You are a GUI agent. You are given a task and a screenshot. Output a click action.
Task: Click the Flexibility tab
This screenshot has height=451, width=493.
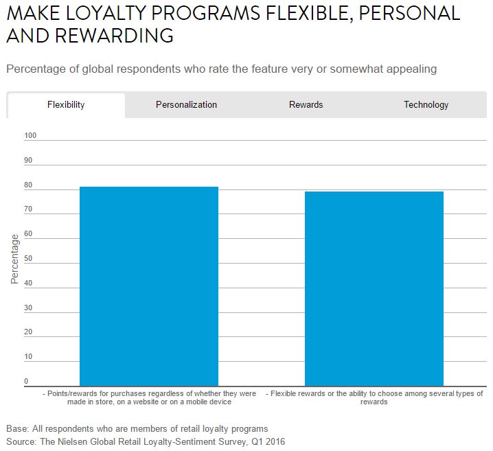point(66,105)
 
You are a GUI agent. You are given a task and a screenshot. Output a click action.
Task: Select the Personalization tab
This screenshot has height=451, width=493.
point(186,105)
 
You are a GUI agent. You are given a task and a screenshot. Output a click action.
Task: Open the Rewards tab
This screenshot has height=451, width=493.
point(306,105)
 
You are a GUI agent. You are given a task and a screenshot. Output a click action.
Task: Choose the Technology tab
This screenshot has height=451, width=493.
point(426,105)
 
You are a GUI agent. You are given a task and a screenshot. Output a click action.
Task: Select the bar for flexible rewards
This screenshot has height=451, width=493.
point(374,288)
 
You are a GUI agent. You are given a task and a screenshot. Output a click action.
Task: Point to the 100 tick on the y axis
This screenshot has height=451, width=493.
point(30,136)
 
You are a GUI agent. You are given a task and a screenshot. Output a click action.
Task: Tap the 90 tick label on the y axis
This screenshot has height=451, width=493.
point(29,161)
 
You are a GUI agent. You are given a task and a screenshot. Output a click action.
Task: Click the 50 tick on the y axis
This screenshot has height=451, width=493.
point(29,259)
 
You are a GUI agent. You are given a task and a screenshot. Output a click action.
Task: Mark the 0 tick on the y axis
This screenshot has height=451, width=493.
point(27,382)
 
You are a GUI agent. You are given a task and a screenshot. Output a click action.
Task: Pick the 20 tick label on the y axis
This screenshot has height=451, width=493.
point(29,332)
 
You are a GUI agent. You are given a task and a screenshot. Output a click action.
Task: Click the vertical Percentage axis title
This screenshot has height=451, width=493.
point(14,259)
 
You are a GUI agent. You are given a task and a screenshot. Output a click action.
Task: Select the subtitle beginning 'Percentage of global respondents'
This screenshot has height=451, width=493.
point(221,69)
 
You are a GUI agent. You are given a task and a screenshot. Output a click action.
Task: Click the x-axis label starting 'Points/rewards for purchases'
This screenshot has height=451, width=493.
point(149,397)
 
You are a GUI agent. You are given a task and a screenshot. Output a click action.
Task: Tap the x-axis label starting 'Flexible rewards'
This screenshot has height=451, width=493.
point(374,397)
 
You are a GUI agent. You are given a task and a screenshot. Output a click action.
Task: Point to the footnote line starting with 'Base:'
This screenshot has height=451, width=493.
point(137,429)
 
